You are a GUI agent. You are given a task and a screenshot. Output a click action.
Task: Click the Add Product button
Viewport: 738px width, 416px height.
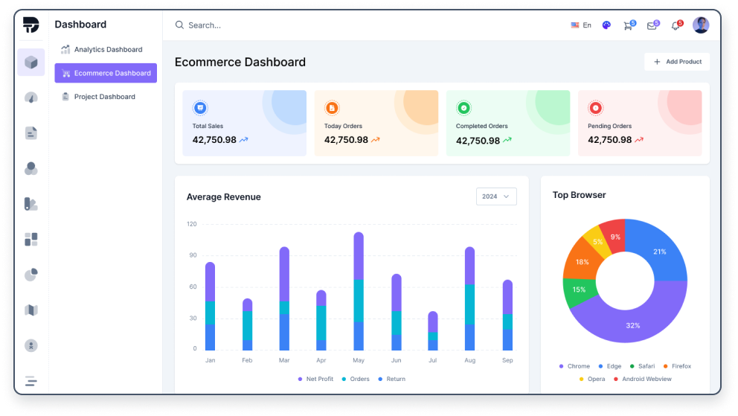click(x=677, y=62)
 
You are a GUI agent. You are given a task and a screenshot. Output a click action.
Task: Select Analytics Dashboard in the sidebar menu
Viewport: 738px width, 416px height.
click(x=108, y=50)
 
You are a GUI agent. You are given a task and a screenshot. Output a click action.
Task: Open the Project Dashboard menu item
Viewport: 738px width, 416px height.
click(x=104, y=97)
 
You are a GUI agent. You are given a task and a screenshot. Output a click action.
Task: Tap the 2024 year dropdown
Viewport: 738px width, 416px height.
click(x=496, y=196)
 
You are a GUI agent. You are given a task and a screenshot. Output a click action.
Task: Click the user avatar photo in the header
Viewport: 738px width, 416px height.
click(x=701, y=25)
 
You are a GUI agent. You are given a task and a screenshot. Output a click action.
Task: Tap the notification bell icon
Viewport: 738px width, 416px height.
click(x=676, y=25)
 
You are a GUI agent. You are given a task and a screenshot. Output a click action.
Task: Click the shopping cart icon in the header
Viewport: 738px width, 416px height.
click(x=628, y=25)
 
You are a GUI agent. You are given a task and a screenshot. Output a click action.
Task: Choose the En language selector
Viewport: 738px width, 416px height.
click(x=581, y=25)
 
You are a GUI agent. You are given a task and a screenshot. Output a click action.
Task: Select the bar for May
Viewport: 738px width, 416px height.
click(x=359, y=291)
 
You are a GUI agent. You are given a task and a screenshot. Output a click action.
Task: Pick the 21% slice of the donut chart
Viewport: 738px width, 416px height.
click(x=658, y=252)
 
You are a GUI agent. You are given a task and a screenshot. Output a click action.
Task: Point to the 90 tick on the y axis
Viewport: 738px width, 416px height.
click(x=192, y=255)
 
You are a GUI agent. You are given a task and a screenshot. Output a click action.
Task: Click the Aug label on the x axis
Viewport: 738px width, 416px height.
click(x=469, y=360)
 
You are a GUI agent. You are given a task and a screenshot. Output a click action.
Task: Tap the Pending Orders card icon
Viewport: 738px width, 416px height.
click(x=595, y=108)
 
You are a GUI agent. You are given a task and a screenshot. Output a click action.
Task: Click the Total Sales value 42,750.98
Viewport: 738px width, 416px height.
click(x=214, y=140)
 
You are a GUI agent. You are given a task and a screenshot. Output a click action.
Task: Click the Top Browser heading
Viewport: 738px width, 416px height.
click(x=579, y=195)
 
